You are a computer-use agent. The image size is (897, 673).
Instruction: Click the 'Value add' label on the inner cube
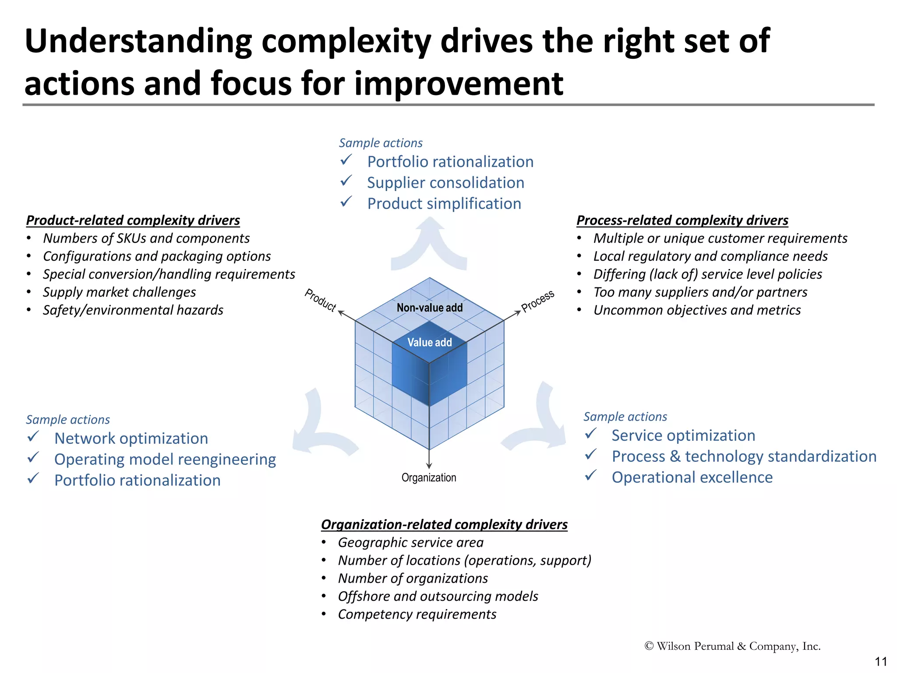pyautogui.click(x=429, y=342)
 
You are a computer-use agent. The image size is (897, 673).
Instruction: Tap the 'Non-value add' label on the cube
pyautogui.click(x=429, y=308)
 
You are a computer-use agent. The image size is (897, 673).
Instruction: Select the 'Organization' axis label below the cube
pyautogui.click(x=429, y=478)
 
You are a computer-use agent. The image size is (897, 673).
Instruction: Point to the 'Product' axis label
pyautogui.click(x=320, y=300)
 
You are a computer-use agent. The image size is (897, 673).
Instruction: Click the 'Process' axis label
pyautogui.click(x=538, y=301)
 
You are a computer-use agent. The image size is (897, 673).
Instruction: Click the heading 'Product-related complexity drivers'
pyautogui.click(x=133, y=220)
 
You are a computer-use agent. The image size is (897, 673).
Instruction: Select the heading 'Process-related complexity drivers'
pyautogui.click(x=682, y=220)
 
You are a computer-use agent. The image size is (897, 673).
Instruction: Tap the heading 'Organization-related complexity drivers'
pyautogui.click(x=444, y=524)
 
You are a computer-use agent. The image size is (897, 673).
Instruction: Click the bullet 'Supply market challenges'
pyautogui.click(x=119, y=292)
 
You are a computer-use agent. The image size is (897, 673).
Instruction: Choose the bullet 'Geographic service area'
pyautogui.click(x=410, y=542)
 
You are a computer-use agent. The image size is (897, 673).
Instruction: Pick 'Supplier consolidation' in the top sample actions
pyautogui.click(x=445, y=183)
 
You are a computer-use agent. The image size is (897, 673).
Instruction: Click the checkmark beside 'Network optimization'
pyautogui.click(x=34, y=437)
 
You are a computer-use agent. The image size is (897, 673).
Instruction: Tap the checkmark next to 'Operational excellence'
pyautogui.click(x=591, y=475)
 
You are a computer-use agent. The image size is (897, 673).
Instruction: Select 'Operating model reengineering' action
pyautogui.click(x=165, y=459)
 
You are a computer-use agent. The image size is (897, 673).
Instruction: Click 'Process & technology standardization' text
pyautogui.click(x=744, y=456)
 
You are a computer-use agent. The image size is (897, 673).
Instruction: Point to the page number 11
pyautogui.click(x=880, y=662)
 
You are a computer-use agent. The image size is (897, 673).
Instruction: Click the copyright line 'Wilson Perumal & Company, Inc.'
pyautogui.click(x=732, y=646)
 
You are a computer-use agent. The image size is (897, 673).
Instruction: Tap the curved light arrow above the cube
pyautogui.click(x=429, y=245)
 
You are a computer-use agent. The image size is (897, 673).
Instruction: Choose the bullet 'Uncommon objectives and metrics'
pyautogui.click(x=697, y=310)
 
